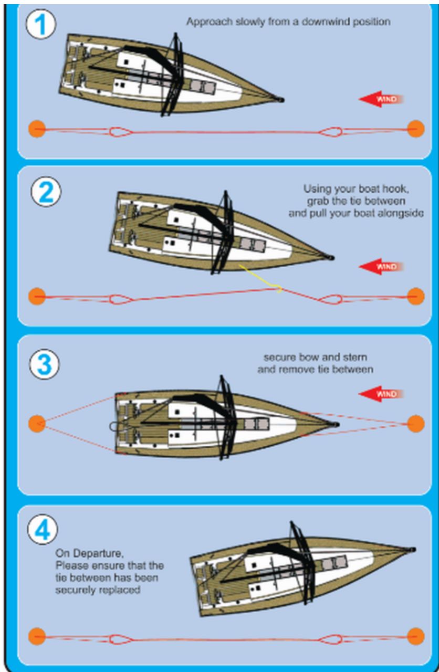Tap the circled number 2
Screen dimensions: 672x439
46,193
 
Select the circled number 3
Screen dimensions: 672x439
45,364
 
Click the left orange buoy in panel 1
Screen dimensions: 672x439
37,129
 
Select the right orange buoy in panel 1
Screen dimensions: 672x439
415,129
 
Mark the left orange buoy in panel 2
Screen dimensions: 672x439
37,296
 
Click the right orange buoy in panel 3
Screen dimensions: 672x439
415,424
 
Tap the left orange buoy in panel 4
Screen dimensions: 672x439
37,636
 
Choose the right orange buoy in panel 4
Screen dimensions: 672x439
415,636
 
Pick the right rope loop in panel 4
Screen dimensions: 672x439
331,639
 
